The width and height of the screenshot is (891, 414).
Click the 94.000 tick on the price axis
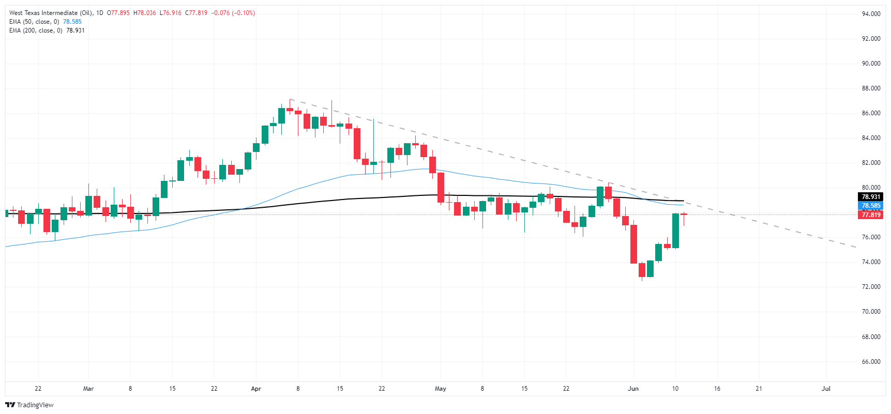871,14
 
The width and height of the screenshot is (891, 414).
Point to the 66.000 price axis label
871,362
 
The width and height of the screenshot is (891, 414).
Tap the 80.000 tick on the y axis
871,188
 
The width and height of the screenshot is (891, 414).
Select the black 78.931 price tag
871,197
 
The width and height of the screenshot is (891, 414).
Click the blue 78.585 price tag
871,206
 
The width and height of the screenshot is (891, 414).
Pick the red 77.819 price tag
871,215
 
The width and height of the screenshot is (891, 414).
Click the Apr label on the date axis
256,389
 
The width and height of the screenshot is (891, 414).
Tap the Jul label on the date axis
826,389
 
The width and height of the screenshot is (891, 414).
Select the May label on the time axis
441,389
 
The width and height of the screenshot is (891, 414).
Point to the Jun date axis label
633,389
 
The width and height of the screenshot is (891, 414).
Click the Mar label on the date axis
88,389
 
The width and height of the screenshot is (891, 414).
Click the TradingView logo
29,405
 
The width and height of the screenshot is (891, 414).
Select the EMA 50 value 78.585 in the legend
72,22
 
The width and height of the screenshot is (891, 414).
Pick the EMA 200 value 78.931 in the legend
75,30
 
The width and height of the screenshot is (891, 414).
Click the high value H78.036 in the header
144,13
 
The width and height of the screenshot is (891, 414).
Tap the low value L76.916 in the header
170,13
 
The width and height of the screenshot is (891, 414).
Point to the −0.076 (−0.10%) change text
233,13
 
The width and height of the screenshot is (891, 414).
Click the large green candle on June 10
675,231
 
